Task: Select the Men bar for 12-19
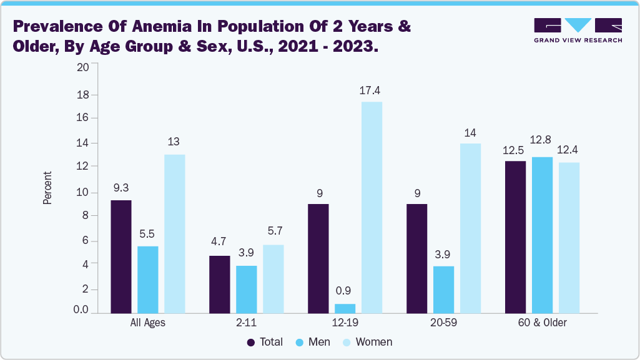345,308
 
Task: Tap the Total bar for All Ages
121,256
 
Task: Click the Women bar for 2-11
273,278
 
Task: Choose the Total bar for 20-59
416,258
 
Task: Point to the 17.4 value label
370,91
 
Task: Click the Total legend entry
265,342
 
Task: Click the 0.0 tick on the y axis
81,310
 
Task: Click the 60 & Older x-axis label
542,323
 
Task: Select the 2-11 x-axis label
247,323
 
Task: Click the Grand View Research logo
578,30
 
